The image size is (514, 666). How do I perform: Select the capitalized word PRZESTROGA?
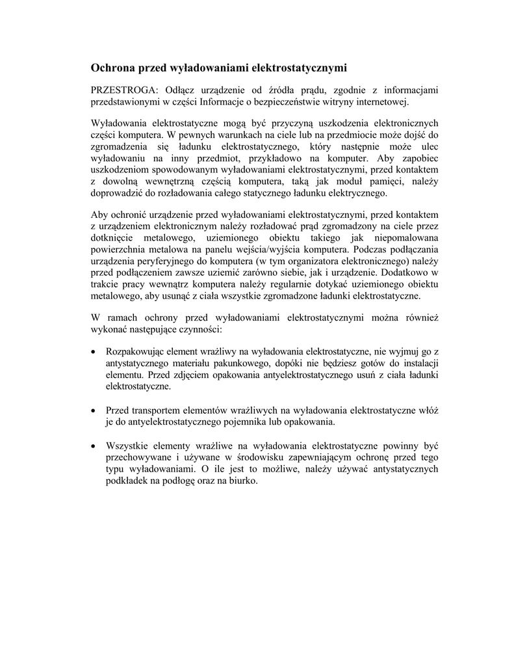[122, 90]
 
